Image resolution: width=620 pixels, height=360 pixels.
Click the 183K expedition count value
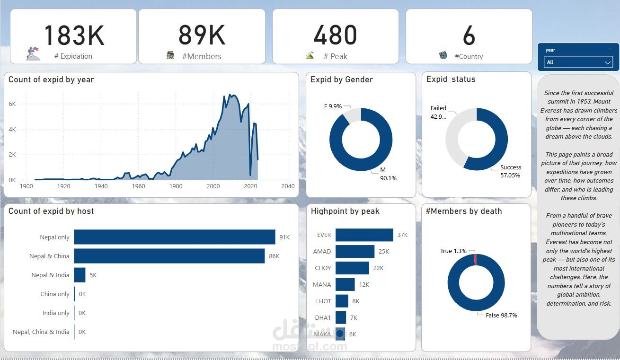coord(73,35)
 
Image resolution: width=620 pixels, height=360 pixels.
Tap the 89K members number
coord(202,35)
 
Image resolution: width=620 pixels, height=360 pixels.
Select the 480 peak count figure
coord(335,35)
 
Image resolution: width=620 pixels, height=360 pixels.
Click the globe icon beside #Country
coord(443,55)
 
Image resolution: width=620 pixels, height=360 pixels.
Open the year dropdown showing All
coord(579,62)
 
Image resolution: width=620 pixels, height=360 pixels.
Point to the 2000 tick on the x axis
coord(213,186)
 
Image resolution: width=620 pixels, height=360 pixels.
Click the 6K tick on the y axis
coord(12,104)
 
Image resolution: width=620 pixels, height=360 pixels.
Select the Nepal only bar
coord(174,237)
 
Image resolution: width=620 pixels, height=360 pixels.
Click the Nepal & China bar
coord(169,256)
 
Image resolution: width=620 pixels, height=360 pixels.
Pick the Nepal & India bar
coord(80,275)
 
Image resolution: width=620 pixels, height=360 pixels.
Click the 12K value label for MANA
coord(364,284)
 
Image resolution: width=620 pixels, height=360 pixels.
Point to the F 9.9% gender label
coord(333,106)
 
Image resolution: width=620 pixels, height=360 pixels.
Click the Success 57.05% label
coord(510,171)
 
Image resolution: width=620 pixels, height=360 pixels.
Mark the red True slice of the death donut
coord(475,259)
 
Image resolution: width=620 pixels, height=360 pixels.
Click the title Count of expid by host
coord(51,211)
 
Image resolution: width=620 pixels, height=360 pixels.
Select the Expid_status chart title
coord(451,79)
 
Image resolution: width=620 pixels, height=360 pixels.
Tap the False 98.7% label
coord(501,315)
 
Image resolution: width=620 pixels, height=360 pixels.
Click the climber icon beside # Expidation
coord(33,53)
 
